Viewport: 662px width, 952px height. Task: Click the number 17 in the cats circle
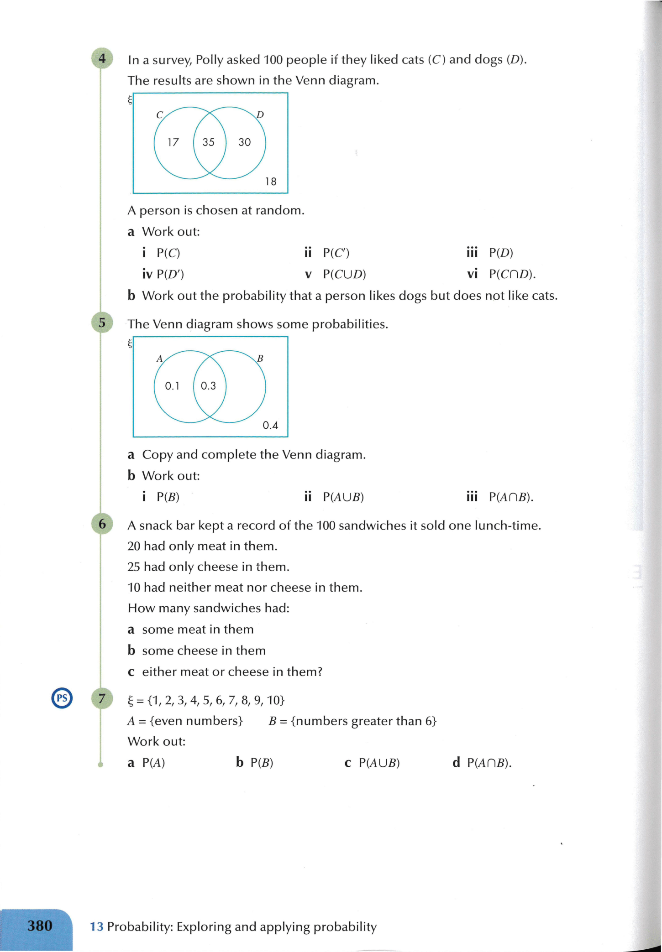click(x=173, y=142)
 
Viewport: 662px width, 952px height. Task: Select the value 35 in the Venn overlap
click(x=209, y=142)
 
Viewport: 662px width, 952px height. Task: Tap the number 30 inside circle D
click(x=245, y=142)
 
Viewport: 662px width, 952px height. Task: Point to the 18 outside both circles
click(x=271, y=182)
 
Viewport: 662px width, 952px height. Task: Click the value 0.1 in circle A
click(x=172, y=386)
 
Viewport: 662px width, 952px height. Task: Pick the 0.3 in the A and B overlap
click(x=209, y=386)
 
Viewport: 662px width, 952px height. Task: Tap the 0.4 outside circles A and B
click(x=270, y=425)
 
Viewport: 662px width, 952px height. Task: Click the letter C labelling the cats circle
click(x=159, y=115)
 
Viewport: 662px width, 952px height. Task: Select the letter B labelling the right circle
click(x=260, y=359)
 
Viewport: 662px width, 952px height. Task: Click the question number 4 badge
click(x=102, y=58)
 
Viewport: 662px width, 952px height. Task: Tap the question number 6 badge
click(x=102, y=524)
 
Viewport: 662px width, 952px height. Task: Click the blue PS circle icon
click(x=62, y=697)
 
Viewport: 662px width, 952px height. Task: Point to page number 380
click(x=40, y=926)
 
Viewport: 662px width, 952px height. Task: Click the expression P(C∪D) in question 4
click(x=344, y=274)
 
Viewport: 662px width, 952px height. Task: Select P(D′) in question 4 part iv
click(x=170, y=274)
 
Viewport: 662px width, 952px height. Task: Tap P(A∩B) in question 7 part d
click(x=489, y=763)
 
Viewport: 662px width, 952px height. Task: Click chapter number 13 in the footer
click(x=96, y=926)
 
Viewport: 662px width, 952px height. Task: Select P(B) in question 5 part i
click(x=168, y=497)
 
